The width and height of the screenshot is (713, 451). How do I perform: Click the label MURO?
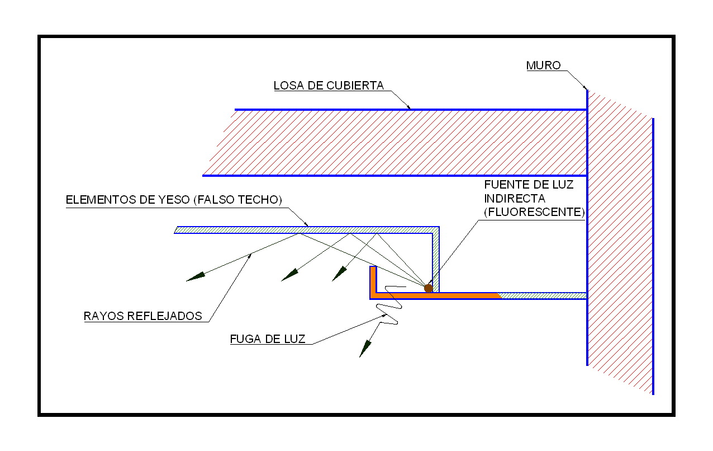coord(543,65)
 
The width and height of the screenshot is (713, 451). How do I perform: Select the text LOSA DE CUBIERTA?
coord(329,86)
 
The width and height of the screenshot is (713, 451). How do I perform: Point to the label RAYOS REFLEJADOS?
coord(142,316)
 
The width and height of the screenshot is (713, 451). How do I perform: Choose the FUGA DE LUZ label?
coord(267,339)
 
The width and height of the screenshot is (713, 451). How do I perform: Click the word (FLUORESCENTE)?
coord(534,213)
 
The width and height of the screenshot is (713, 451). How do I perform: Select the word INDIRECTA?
coord(515,199)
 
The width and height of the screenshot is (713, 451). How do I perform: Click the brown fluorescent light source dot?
coord(429,288)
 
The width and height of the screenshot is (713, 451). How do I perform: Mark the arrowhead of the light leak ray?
coord(364,349)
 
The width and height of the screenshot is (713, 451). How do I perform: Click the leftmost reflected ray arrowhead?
coord(194,276)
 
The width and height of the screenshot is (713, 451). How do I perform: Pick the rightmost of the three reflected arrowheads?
coord(338,274)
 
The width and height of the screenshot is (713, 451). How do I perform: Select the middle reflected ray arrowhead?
coord(289,274)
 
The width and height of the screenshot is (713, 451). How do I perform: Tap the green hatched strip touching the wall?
coord(542,295)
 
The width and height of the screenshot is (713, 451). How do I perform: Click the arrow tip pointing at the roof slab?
coord(409,107)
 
